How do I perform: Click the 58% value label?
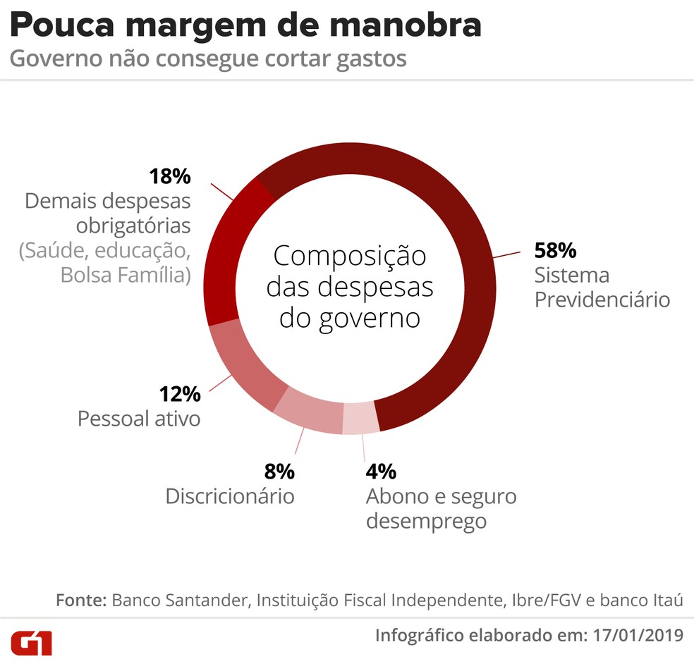(x=555, y=250)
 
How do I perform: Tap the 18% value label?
(x=169, y=176)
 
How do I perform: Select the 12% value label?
(x=180, y=393)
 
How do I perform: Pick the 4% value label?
(x=381, y=471)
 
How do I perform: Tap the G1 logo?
(x=32, y=642)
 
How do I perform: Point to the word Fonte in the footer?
(x=80, y=601)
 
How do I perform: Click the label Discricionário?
(x=229, y=495)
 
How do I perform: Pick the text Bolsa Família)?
(x=125, y=275)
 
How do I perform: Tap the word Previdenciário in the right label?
(x=602, y=299)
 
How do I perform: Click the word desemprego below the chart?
(x=426, y=522)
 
